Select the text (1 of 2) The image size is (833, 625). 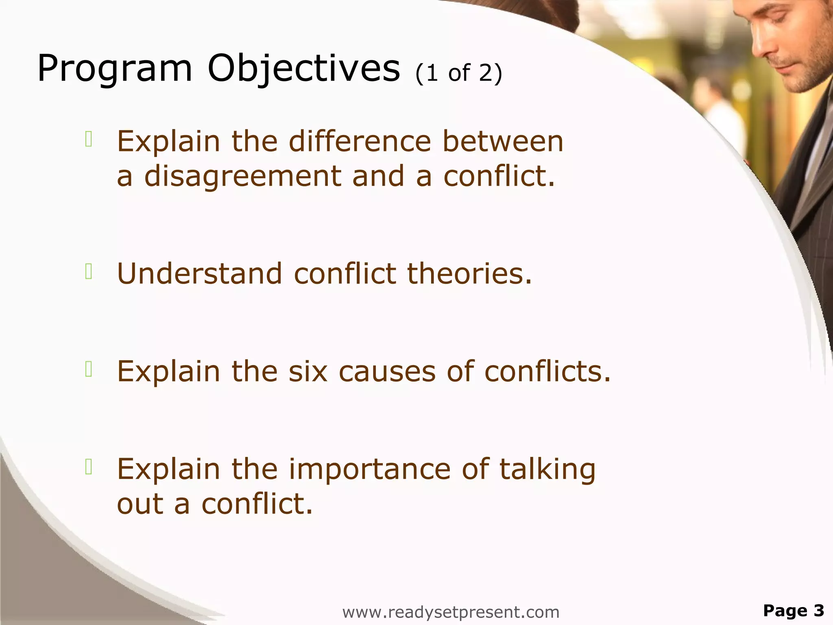click(459, 73)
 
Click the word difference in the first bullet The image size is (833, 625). click(360, 141)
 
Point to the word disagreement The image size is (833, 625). click(243, 176)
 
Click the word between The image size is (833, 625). click(503, 141)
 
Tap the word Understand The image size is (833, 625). click(199, 273)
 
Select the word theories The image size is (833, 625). click(469, 273)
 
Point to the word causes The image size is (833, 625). click(387, 371)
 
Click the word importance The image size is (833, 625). click(369, 469)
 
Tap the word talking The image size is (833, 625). click(547, 469)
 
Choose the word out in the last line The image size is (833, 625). click(140, 504)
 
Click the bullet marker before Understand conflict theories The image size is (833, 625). click(89, 271)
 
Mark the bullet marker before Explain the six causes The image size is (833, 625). click(89, 369)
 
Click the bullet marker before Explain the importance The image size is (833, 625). click(89, 467)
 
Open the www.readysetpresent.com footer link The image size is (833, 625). click(451, 612)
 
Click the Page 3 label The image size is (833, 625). click(793, 610)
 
